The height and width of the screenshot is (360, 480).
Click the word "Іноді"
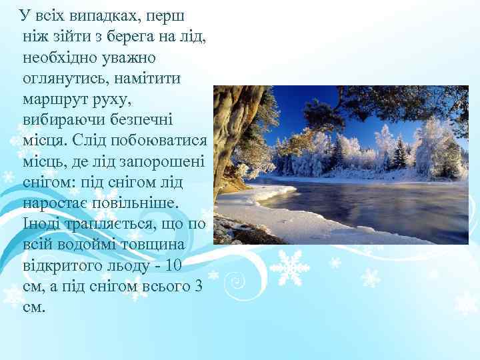click(x=41, y=224)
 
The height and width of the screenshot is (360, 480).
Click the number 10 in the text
click(x=174, y=266)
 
